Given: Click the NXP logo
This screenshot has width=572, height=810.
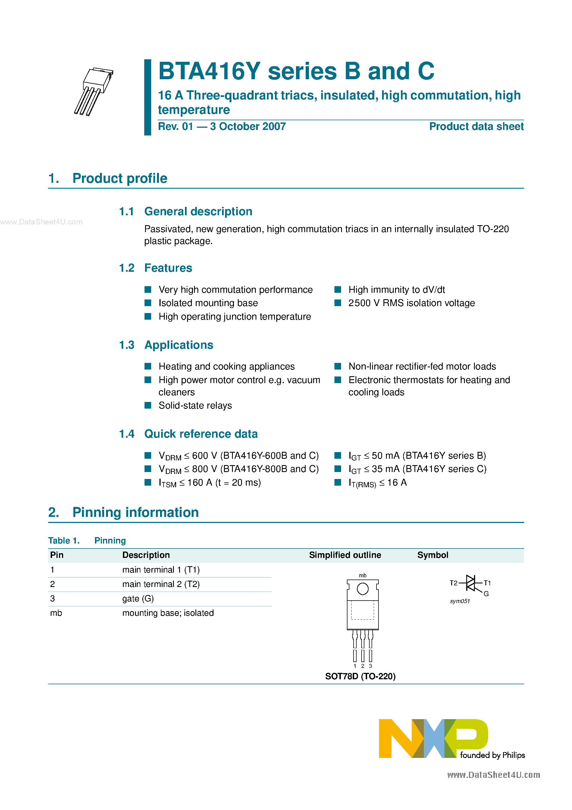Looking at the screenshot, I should [433, 738].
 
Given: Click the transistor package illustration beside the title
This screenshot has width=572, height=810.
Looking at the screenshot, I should [94, 91].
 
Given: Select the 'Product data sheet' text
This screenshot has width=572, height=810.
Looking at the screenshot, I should [476, 127].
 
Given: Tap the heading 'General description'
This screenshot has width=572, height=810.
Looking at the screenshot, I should [198, 212].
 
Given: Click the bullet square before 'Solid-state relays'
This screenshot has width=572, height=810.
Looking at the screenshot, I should [148, 405].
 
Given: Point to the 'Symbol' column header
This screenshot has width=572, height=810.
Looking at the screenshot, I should [433, 555].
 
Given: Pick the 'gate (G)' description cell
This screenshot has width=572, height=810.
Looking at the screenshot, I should [138, 599].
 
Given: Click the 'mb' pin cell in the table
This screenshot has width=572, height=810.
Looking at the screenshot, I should [56, 613].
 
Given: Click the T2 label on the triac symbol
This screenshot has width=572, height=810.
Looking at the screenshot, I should [453, 583].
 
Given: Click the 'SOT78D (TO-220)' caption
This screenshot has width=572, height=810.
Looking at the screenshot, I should [360, 676].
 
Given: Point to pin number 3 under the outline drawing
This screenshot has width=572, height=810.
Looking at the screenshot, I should [370, 666].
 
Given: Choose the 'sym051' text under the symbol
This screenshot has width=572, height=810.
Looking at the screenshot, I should [460, 601].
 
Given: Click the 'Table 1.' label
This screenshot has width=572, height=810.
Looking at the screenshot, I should [64, 541].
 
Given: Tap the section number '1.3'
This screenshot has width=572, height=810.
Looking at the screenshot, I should [127, 345].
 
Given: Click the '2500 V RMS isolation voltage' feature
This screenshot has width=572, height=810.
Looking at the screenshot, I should [411, 303].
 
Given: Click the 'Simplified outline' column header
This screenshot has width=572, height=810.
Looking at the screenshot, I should [345, 555].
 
